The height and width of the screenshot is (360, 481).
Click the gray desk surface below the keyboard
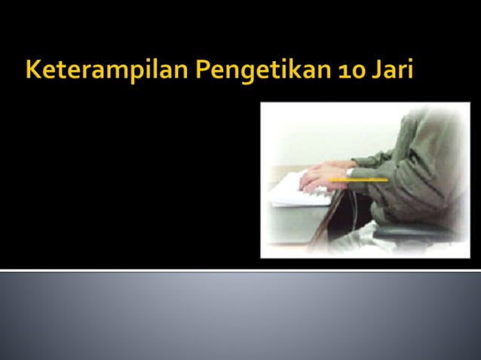coord(286,226)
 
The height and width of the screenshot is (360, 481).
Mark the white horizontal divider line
coord(240,269)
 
